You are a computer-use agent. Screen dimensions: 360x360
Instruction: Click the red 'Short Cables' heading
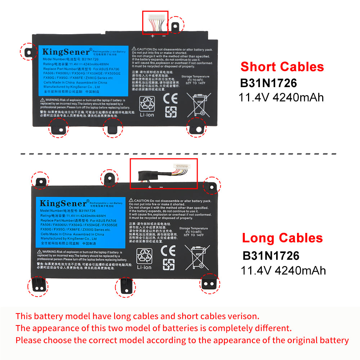tap(282, 67)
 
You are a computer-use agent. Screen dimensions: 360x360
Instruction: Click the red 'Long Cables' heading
tap(282, 238)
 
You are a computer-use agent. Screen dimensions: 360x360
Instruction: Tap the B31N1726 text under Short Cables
tap(269, 83)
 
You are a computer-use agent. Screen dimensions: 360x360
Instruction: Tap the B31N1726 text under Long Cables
tap(271, 256)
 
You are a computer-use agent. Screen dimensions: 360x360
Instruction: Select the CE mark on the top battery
tap(170, 98)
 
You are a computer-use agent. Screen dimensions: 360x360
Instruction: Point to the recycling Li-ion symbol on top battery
tap(147, 104)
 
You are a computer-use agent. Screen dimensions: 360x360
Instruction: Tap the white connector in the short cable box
tap(155, 17)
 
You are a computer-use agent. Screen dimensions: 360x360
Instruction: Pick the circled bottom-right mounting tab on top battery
tap(197, 128)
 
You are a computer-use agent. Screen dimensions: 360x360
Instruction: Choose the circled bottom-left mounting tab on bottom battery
tap(37, 286)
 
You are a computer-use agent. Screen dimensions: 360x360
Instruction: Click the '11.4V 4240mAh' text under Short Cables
tap(281, 98)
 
